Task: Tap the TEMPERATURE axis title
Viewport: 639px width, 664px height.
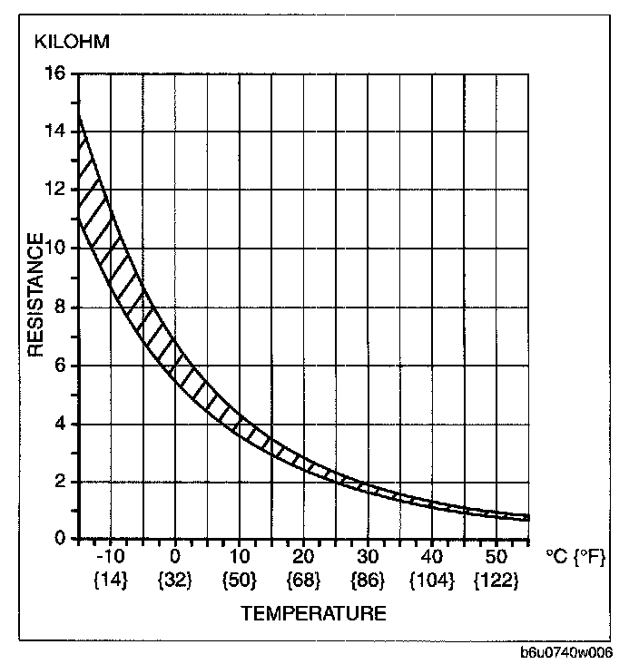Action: coord(313,613)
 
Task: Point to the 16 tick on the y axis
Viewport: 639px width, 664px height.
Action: coord(54,73)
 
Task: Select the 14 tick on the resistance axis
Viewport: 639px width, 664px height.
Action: coord(54,132)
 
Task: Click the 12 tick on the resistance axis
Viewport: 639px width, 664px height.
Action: coord(54,190)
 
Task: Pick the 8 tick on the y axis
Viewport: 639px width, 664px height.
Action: coord(59,308)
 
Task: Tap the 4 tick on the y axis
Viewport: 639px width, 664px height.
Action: coord(59,425)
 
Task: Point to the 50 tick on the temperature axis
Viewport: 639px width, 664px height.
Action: coord(496,556)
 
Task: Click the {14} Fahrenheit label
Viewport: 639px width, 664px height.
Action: coord(111,580)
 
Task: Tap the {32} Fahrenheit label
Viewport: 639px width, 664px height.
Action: coord(175,580)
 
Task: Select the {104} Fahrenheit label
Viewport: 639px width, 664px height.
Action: coord(432,580)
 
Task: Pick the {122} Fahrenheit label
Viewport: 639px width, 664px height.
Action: coord(496,580)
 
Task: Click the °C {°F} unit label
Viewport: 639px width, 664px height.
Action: coord(575,556)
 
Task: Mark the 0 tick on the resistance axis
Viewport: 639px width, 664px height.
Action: coord(59,539)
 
